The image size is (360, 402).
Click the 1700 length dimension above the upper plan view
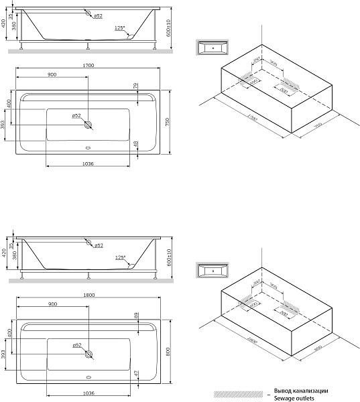click(x=88, y=66)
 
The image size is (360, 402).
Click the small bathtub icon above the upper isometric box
click(x=213, y=48)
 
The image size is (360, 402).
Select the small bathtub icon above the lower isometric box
click(x=213, y=272)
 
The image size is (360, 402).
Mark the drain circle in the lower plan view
click(x=88, y=354)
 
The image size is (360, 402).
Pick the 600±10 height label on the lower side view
click(x=170, y=256)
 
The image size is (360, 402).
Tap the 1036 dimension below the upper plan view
click(x=88, y=163)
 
